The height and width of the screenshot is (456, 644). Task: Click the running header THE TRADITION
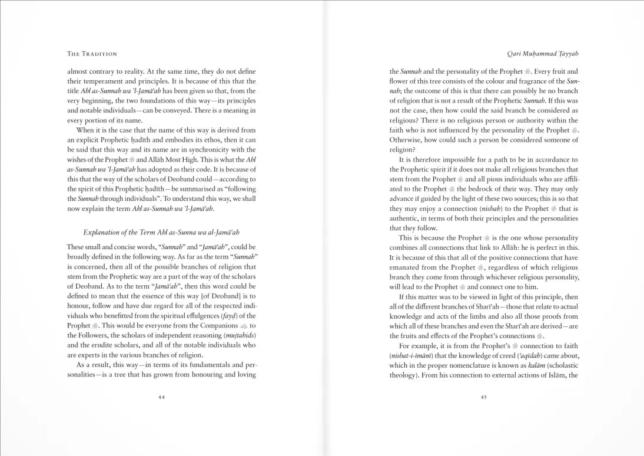click(x=92, y=54)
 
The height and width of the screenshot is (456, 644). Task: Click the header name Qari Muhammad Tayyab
click(x=542, y=54)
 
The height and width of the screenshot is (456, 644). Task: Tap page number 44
click(x=161, y=397)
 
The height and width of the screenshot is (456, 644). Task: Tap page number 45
click(x=483, y=397)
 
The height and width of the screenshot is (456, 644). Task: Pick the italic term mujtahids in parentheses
click(x=240, y=335)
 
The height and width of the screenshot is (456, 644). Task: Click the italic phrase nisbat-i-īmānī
click(x=411, y=355)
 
